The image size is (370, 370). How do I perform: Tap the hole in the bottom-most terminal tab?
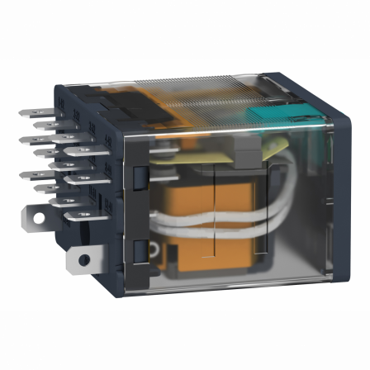pos(83,260)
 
